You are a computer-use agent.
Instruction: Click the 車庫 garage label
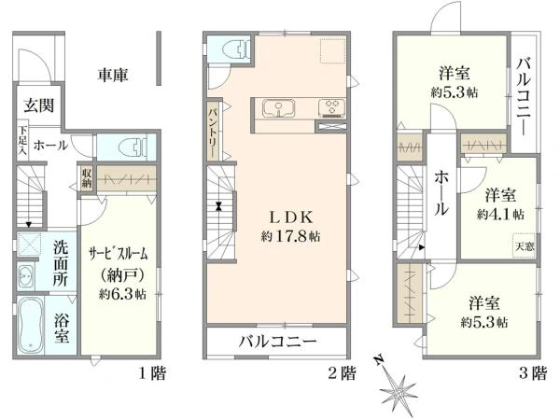pos(113,76)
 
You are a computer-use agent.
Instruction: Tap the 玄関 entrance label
pos(39,105)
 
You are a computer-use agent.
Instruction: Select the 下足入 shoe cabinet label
pos(22,140)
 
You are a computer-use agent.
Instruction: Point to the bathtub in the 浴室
pos(31,325)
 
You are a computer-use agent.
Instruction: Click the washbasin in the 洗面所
pos(26,276)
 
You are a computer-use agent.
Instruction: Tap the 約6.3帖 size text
pos(122,294)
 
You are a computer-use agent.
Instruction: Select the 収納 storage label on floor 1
pos(87,178)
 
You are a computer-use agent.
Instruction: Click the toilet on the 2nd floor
pos(235,49)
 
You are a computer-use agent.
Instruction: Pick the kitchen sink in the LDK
pos(278,108)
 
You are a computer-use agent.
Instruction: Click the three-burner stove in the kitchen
pos(331,108)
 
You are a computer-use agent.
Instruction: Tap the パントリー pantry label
pos(214,132)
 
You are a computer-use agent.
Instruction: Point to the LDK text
pos(291,217)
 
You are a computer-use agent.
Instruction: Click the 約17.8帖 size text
pos(290,236)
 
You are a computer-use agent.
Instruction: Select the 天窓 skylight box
pos(525,245)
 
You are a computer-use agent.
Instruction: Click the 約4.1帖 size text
pos(500,215)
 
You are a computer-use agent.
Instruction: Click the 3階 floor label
pos(533,373)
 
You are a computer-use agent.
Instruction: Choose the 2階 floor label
pos(343,373)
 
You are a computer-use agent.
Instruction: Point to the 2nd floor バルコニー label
pos(277,342)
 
